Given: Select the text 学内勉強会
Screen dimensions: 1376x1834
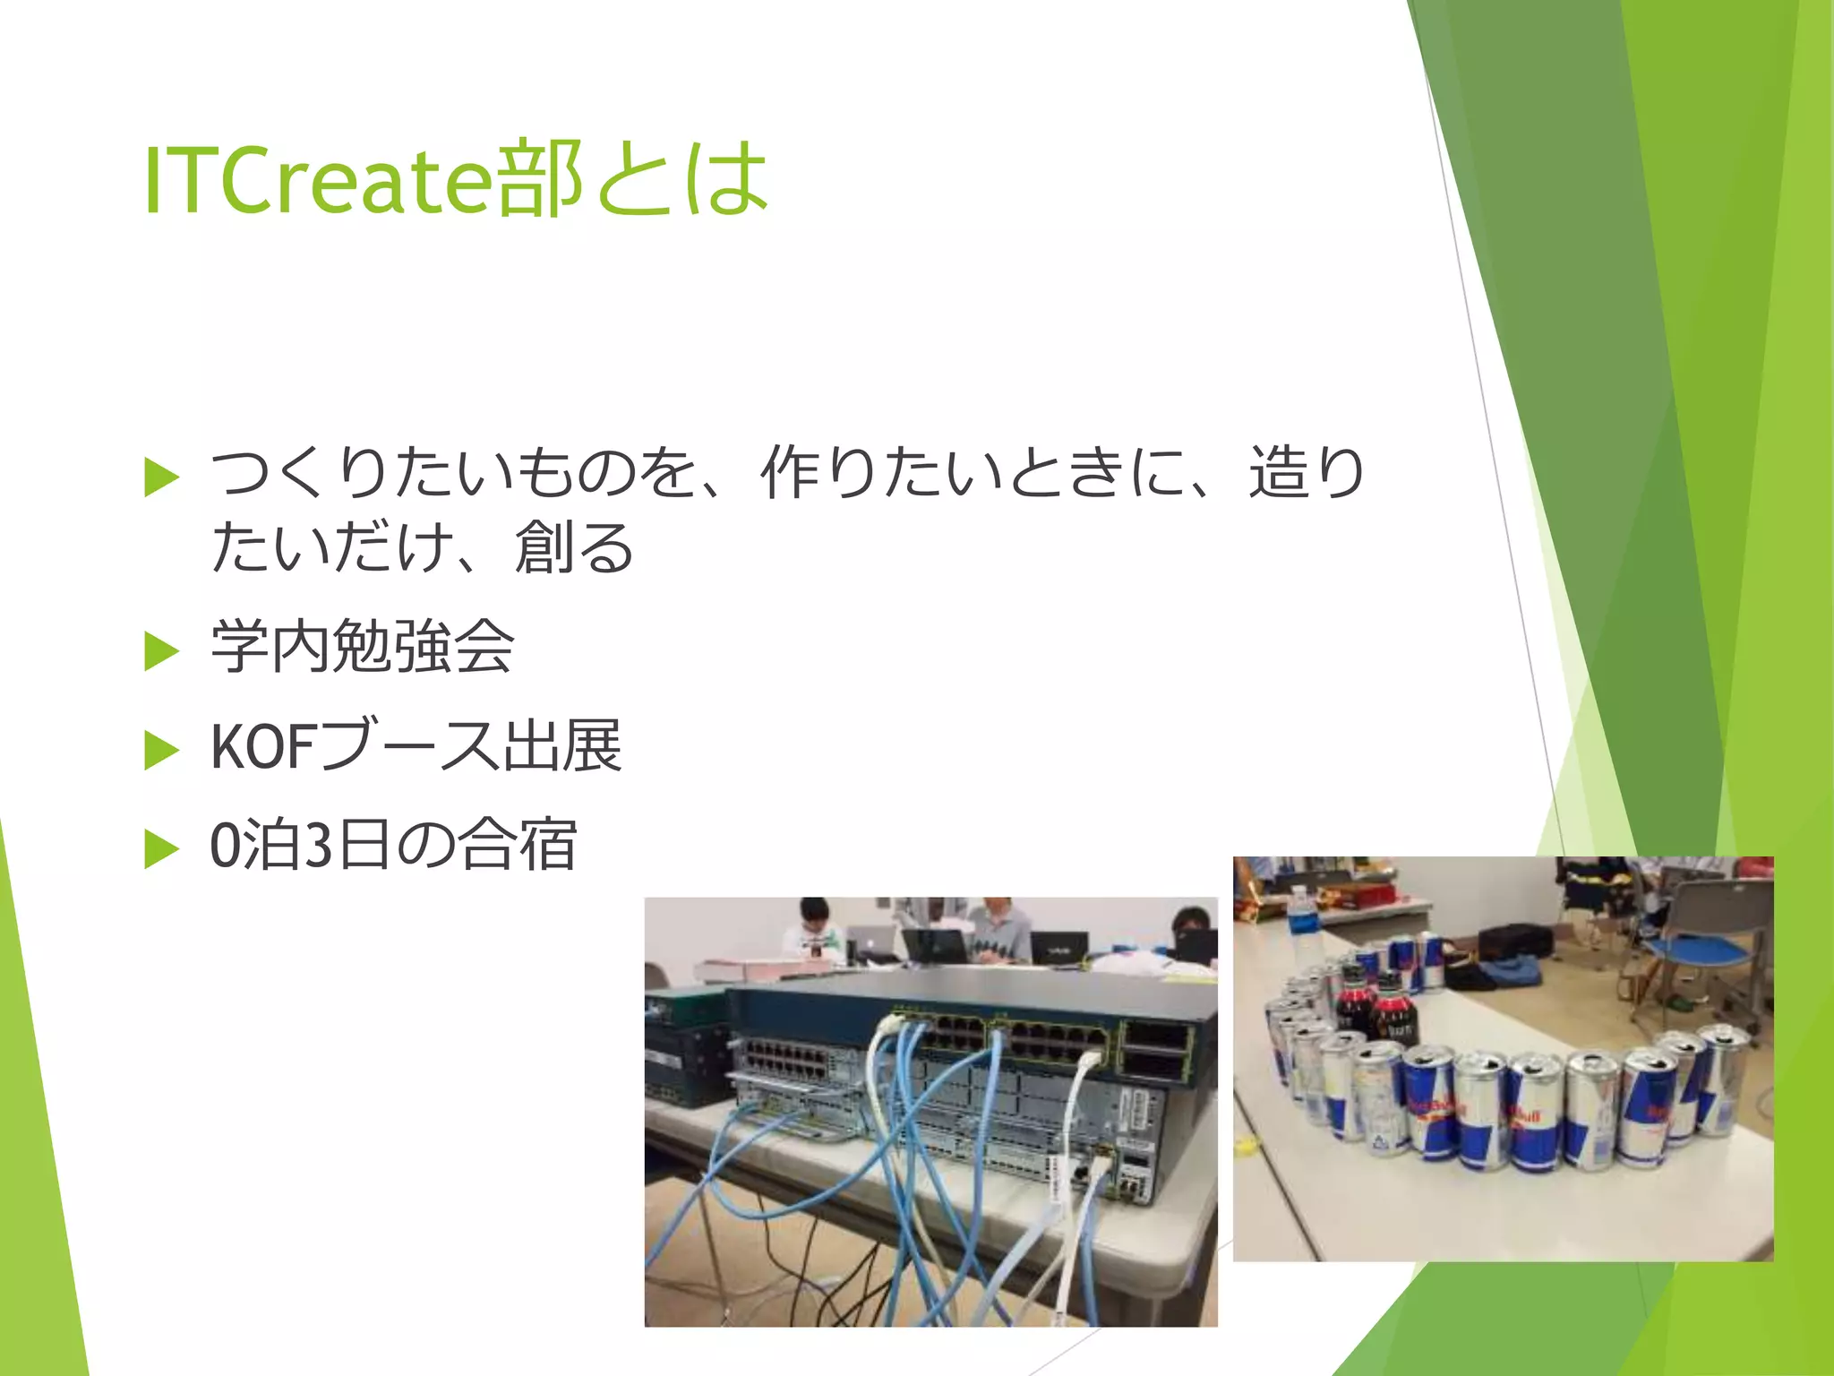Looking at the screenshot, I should tap(362, 647).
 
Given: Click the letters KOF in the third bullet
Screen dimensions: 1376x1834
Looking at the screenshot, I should tap(261, 746).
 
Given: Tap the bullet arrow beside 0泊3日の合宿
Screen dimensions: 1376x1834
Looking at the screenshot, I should tap(161, 848).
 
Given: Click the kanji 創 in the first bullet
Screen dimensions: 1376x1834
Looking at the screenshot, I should tap(543, 547).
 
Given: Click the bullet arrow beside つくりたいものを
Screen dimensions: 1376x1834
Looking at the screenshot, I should tap(161, 477).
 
